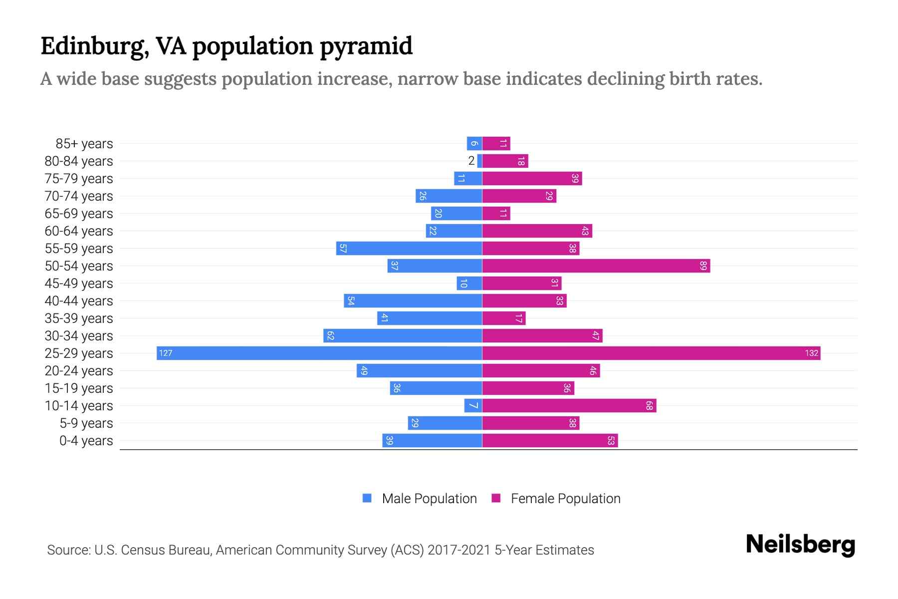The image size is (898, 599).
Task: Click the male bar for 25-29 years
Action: tap(319, 353)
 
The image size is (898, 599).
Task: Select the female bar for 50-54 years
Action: tap(596, 266)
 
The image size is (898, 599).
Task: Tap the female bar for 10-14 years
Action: tap(569, 405)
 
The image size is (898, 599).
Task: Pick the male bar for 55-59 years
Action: tap(409, 248)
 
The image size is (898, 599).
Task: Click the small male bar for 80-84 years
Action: tap(479, 161)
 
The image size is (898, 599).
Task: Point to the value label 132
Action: tap(811, 353)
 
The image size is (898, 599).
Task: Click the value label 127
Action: tap(166, 353)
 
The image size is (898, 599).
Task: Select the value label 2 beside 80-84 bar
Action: tap(471, 161)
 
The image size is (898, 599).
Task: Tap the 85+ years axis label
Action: tap(84, 144)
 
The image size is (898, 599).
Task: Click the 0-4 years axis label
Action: tap(86, 441)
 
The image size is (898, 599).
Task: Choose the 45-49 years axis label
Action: tap(79, 284)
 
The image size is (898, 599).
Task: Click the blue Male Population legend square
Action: tap(367, 498)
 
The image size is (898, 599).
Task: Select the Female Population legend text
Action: tap(565, 499)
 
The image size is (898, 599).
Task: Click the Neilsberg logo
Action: tap(800, 545)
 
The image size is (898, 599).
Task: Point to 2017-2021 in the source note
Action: tap(459, 550)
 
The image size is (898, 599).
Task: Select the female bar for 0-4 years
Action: tap(550, 440)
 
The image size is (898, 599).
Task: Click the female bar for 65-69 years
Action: tap(496, 213)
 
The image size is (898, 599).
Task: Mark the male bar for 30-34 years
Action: tap(403, 335)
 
